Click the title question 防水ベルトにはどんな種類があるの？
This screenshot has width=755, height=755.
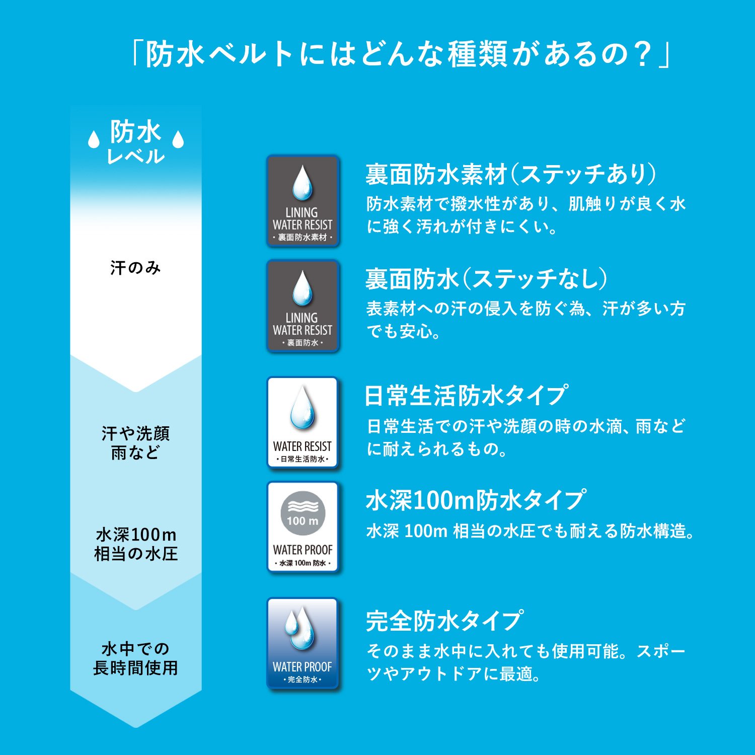401,54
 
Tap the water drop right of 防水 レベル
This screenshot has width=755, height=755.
178,139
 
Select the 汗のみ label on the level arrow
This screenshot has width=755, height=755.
135,267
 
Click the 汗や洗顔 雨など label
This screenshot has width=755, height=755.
135,442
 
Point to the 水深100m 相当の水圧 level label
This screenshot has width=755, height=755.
136,544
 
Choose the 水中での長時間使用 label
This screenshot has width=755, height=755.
135,658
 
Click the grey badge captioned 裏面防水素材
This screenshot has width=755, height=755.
303,201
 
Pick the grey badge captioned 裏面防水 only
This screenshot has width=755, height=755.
303,306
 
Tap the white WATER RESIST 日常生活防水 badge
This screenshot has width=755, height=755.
303,423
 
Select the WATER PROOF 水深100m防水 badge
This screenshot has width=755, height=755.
303,527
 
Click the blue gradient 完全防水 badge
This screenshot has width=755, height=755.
303,643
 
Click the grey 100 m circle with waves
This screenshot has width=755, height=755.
303,514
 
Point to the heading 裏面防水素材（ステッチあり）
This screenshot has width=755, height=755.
511,174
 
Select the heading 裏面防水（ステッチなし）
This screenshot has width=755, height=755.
487,279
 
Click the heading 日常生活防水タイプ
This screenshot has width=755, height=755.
466,396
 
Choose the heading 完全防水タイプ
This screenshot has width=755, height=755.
444,621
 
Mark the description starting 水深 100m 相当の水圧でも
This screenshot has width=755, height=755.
530,531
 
